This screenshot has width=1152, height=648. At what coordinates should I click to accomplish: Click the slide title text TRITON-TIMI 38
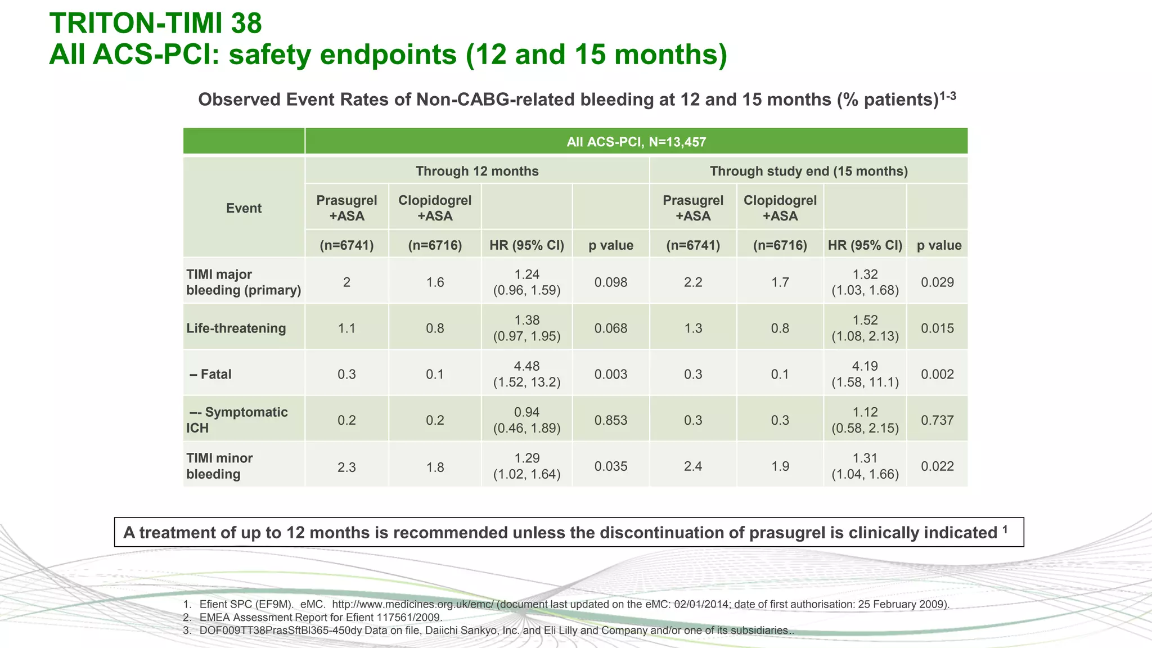pos(156,24)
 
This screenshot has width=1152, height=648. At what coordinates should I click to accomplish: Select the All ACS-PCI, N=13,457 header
pos(636,142)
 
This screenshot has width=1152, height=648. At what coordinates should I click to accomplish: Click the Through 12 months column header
pos(476,171)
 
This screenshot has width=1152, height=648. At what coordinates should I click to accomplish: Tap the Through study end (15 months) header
pos(808,171)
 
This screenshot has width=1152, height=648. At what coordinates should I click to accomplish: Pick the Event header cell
pos(244,208)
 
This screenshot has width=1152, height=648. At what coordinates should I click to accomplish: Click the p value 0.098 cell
pos(611,282)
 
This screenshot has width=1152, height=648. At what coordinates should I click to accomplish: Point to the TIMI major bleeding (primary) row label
pos(243,282)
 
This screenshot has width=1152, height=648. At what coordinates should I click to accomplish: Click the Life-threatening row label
pos(236,328)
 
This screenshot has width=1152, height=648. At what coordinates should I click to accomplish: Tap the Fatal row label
pos(211,375)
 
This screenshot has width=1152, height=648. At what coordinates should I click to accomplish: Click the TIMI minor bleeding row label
pos(219,466)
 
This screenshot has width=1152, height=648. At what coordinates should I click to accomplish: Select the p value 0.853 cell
pos(611,420)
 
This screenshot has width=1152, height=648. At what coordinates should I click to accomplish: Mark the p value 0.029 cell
pos(937,282)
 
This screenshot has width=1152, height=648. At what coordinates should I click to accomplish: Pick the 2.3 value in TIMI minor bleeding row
pos(346,467)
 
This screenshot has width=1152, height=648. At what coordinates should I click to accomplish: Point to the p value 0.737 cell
pos(937,420)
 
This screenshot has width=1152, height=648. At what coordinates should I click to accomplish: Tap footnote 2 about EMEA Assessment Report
pos(321,618)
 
